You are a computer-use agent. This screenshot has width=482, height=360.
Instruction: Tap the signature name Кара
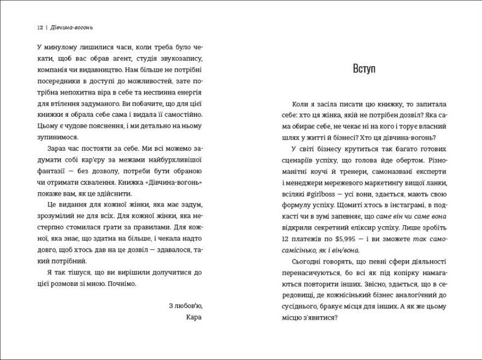click(188, 318)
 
